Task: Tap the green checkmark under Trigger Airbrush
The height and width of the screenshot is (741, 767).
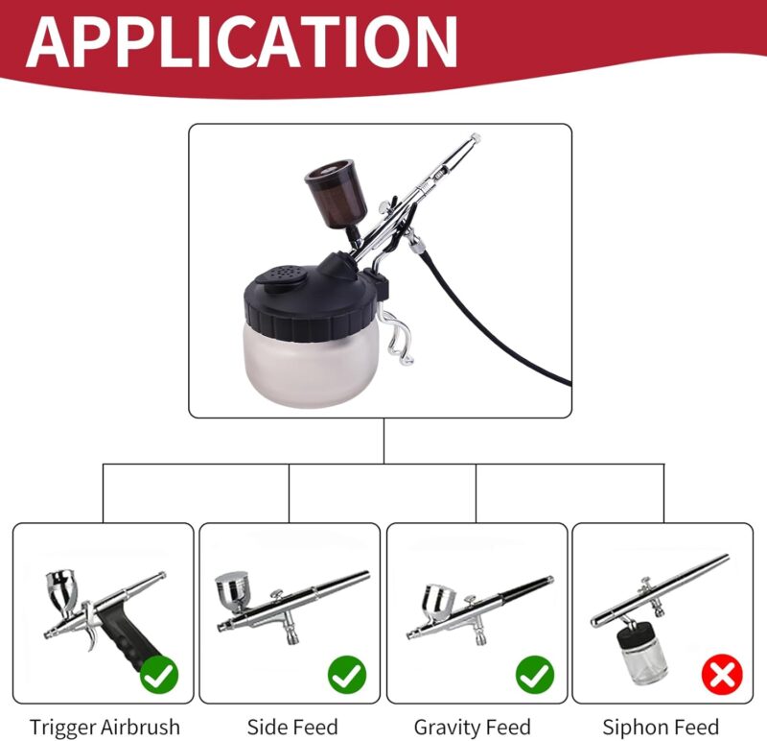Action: [x=160, y=676]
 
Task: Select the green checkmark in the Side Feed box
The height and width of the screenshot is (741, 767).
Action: [x=347, y=676]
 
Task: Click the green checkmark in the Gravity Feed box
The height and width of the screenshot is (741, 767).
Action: [x=534, y=676]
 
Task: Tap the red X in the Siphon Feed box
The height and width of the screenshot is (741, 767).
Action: [x=721, y=676]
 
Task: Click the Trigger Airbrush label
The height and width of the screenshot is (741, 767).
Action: [x=105, y=727]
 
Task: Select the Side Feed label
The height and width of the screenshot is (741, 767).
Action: [x=292, y=727]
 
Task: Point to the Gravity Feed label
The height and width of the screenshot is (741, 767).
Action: [x=473, y=727]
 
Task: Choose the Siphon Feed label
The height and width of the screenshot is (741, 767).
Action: [x=661, y=727]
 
